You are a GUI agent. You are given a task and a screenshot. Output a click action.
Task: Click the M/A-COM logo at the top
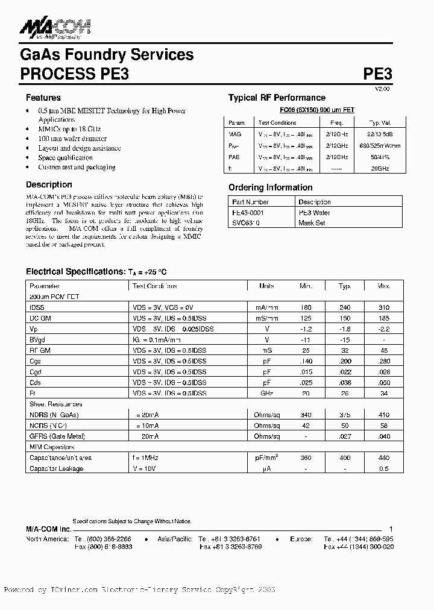coord(55,27)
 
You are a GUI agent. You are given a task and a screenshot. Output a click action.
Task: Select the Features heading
coord(43,98)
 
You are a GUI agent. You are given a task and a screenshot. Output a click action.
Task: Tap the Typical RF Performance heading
coord(277,98)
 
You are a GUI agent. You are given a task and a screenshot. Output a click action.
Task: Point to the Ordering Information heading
coord(270,187)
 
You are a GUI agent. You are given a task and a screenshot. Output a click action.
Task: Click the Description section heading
coord(49,184)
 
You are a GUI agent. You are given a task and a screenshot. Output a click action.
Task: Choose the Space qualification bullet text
coord(66,158)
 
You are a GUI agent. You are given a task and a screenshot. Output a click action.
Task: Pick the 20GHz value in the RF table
coord(380,169)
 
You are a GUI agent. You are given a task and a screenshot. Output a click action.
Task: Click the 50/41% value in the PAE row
coord(380,156)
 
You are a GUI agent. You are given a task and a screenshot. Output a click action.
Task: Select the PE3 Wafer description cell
coord(314,213)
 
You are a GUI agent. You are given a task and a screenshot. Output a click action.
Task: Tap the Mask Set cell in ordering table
coord(312,223)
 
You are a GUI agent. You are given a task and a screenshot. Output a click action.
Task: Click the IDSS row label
coord(37,307)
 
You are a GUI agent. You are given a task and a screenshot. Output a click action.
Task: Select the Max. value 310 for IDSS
coord(384,307)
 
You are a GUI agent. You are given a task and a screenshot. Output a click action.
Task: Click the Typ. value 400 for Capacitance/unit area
coord(345,458)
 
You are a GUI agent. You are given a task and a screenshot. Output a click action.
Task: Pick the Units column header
coord(266,286)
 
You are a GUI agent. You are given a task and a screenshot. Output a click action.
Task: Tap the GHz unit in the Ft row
coord(266,393)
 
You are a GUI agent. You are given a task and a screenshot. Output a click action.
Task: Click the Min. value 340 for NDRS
coord(306,415)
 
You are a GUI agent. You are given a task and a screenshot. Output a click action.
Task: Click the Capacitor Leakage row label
coord(57,468)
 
